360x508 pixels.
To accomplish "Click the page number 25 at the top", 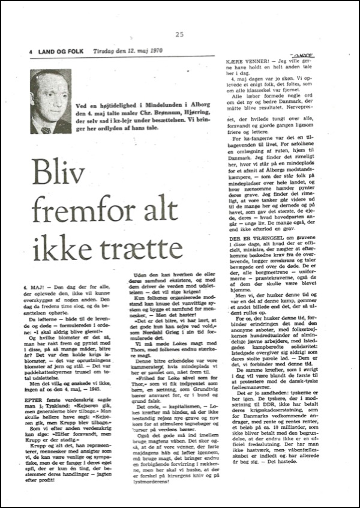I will pos(179,34).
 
